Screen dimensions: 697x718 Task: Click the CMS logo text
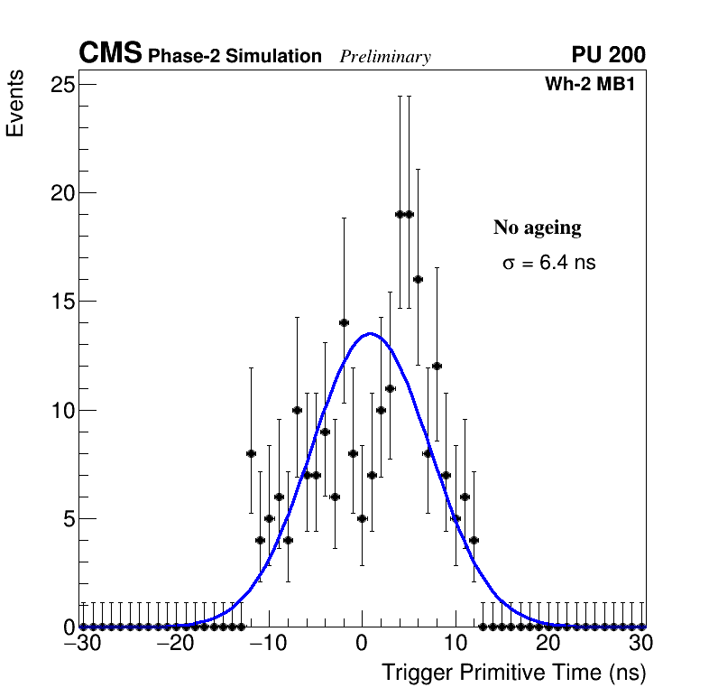click(x=110, y=53)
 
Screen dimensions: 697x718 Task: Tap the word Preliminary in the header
click(x=385, y=57)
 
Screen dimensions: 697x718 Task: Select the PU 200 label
click(x=608, y=55)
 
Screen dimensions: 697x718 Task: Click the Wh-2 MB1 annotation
click(x=595, y=85)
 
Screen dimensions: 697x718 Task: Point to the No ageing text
click(x=537, y=228)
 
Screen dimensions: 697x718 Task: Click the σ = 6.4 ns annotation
click(x=548, y=264)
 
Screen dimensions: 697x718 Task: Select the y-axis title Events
click(x=15, y=106)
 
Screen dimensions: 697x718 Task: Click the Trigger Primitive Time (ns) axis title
click(x=513, y=673)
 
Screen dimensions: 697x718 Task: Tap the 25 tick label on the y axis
click(x=60, y=85)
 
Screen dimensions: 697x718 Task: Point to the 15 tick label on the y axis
click(x=60, y=302)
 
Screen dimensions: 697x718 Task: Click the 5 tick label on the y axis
click(x=66, y=519)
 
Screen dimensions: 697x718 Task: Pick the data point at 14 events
click(x=344, y=322)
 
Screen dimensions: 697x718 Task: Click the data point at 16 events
click(x=418, y=279)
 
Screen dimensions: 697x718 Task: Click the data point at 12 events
click(x=437, y=366)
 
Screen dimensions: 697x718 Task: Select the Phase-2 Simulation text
click(x=235, y=57)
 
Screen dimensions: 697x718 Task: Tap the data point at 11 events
click(x=390, y=388)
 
